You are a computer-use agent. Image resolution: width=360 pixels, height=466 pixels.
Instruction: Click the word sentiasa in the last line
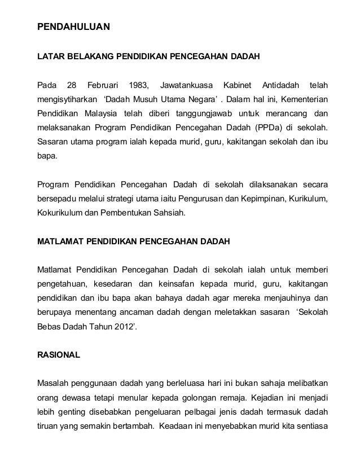coord(314,427)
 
